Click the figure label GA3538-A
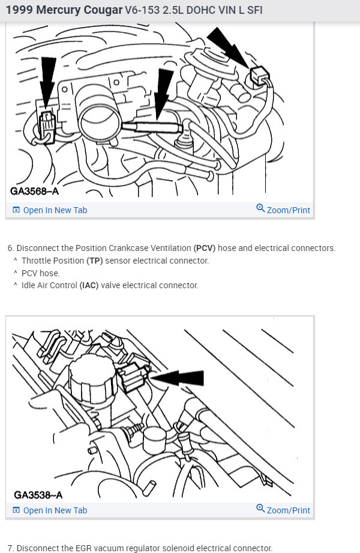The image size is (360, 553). tap(37, 495)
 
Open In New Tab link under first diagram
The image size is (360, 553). tap(55, 210)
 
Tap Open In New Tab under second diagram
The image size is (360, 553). tap(55, 510)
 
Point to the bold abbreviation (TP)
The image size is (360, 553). tap(95, 261)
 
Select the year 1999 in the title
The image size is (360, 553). tap(19, 11)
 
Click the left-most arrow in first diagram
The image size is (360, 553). tap(47, 75)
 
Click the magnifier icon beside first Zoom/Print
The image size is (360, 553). tap(260, 208)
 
